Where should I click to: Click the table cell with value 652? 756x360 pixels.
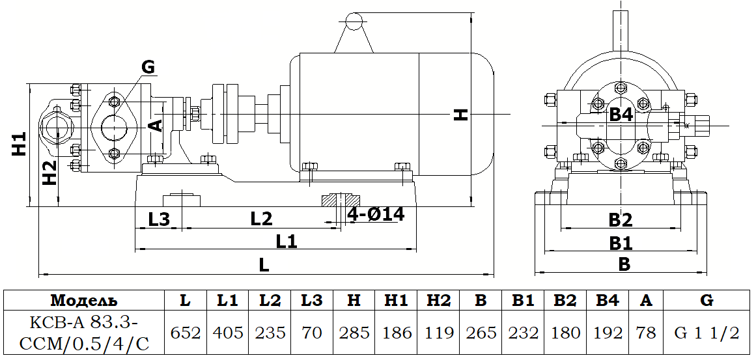point(185,333)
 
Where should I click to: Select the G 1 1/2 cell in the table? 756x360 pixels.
point(706,333)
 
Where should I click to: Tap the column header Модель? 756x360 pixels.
point(83,301)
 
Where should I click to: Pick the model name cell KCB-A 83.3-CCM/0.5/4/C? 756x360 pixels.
point(83,333)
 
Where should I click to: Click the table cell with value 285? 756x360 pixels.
point(354,333)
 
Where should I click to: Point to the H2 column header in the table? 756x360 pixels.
point(438,301)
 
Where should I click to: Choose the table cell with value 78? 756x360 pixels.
point(645,333)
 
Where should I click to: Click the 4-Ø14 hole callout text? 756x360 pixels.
point(376,214)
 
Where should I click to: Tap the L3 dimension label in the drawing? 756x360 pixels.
point(159,219)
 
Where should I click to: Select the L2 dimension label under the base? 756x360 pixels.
point(260,219)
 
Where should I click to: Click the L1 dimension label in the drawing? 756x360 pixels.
point(286,242)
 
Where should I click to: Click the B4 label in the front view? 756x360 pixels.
point(621,115)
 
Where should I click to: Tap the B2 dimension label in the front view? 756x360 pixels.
point(620,220)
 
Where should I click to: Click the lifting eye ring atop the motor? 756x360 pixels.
point(353,22)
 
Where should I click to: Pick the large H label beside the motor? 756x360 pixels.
point(461,115)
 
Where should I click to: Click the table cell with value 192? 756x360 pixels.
point(608,333)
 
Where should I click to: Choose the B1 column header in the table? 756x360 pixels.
point(524,301)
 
